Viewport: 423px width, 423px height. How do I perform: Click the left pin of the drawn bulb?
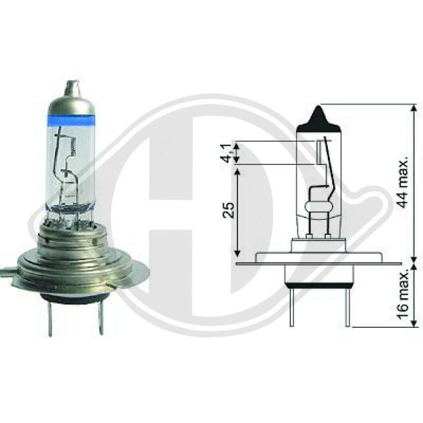291,307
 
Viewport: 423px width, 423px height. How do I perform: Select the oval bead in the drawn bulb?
319,205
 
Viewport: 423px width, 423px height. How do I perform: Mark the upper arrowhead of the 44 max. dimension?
413,107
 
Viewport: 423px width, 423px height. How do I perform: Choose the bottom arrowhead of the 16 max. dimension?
413,324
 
